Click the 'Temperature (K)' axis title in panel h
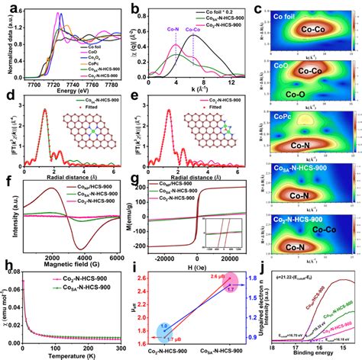69,352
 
